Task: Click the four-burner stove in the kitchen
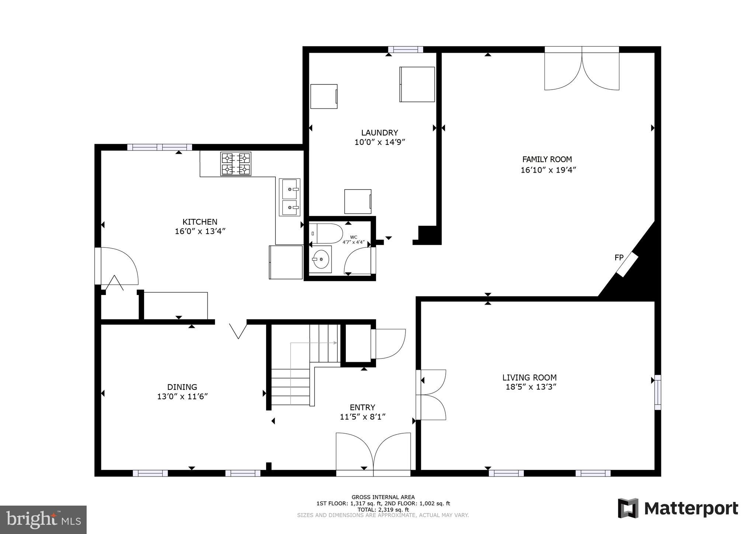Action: (236, 164)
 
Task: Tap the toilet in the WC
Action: (326, 233)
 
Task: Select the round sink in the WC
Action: (321, 259)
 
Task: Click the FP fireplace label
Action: (619, 258)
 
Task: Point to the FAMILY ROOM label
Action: (547, 159)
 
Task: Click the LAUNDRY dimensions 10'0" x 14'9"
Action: (380, 142)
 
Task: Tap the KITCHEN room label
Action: (200, 222)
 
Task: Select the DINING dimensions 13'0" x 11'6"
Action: (182, 397)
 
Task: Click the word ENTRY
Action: (362, 407)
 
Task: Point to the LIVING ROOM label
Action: (529, 377)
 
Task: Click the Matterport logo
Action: (678, 509)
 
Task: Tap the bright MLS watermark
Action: (44, 520)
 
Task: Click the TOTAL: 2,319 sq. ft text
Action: (383, 510)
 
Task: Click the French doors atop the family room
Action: (582, 69)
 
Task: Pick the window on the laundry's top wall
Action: (405, 49)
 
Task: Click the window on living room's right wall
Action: (657, 392)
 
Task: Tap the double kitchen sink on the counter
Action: (290, 198)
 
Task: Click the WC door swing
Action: (358, 261)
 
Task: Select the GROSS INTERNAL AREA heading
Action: (383, 497)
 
